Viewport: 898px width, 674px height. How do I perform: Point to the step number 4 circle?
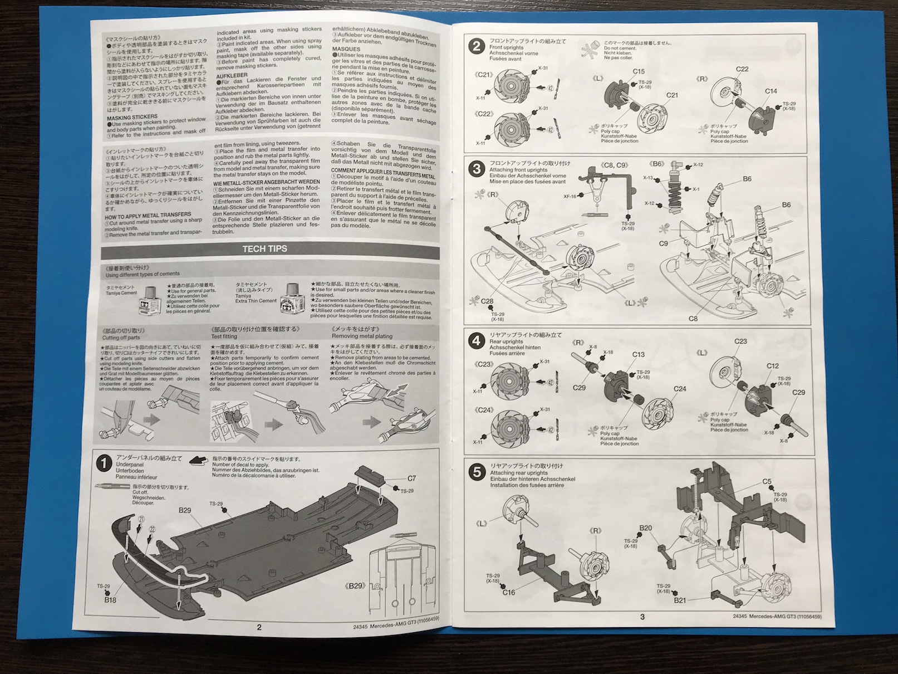[x=476, y=340]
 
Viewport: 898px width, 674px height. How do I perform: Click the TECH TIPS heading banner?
[x=265, y=248]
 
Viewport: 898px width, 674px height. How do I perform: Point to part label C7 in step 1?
[x=411, y=478]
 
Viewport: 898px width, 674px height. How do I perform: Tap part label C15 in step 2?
[x=639, y=71]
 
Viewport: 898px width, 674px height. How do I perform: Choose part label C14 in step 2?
[x=771, y=91]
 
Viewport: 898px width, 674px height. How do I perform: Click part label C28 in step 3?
[x=487, y=301]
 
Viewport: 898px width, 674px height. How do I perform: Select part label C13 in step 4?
[x=639, y=354]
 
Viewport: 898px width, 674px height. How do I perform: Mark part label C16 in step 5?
[x=509, y=593]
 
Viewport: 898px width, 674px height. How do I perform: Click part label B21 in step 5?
[x=679, y=600]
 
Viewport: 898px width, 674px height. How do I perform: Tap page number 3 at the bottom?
[x=642, y=617]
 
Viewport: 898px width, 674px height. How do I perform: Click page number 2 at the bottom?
[x=259, y=627]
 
